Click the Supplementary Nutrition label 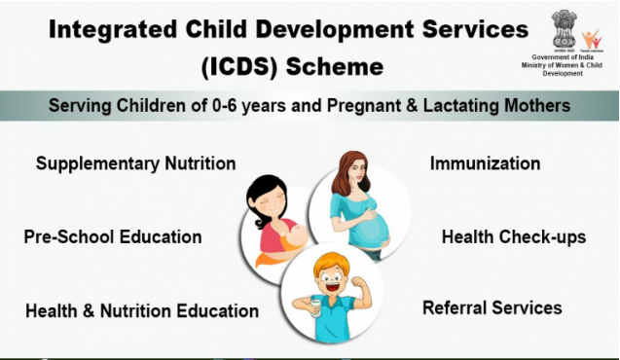pyautogui.click(x=135, y=163)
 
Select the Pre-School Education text pyautogui.click(x=113, y=236)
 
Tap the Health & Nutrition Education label pyautogui.click(x=142, y=311)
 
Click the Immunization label pyautogui.click(x=485, y=163)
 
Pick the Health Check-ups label pyautogui.click(x=513, y=236)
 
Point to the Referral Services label pyautogui.click(x=492, y=307)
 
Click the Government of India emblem pyautogui.click(x=564, y=27)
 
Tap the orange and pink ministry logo pyautogui.click(x=590, y=39)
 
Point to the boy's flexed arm pyautogui.click(x=358, y=293)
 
